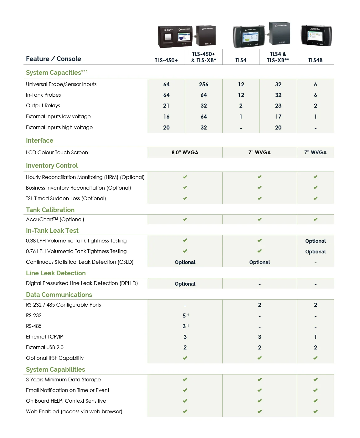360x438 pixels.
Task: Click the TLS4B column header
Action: point(315,60)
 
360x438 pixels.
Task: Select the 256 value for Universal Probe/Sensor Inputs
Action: point(203,84)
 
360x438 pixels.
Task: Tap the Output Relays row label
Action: point(43,106)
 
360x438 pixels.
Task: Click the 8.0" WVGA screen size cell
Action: point(185,153)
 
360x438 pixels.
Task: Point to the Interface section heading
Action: point(40,141)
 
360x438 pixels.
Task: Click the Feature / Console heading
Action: point(54,59)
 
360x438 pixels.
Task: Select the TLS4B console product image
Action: point(316,36)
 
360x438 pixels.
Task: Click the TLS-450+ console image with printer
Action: point(175,37)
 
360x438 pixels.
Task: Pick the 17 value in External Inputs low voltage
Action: point(278,117)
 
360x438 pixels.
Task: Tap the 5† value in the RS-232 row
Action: point(185,316)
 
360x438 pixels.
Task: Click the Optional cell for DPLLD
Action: point(185,284)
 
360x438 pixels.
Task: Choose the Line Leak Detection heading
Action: point(56,273)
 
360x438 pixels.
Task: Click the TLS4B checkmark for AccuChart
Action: point(315,220)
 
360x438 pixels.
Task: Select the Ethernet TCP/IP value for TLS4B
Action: point(315,337)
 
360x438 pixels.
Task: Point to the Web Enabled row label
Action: point(74,412)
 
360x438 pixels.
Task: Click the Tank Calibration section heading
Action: point(50,210)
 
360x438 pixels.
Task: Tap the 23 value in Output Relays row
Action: point(278,106)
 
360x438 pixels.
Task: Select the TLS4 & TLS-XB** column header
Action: point(278,57)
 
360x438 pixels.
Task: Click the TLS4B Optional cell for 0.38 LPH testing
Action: point(315,241)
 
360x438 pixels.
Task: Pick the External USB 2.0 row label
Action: point(45,348)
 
